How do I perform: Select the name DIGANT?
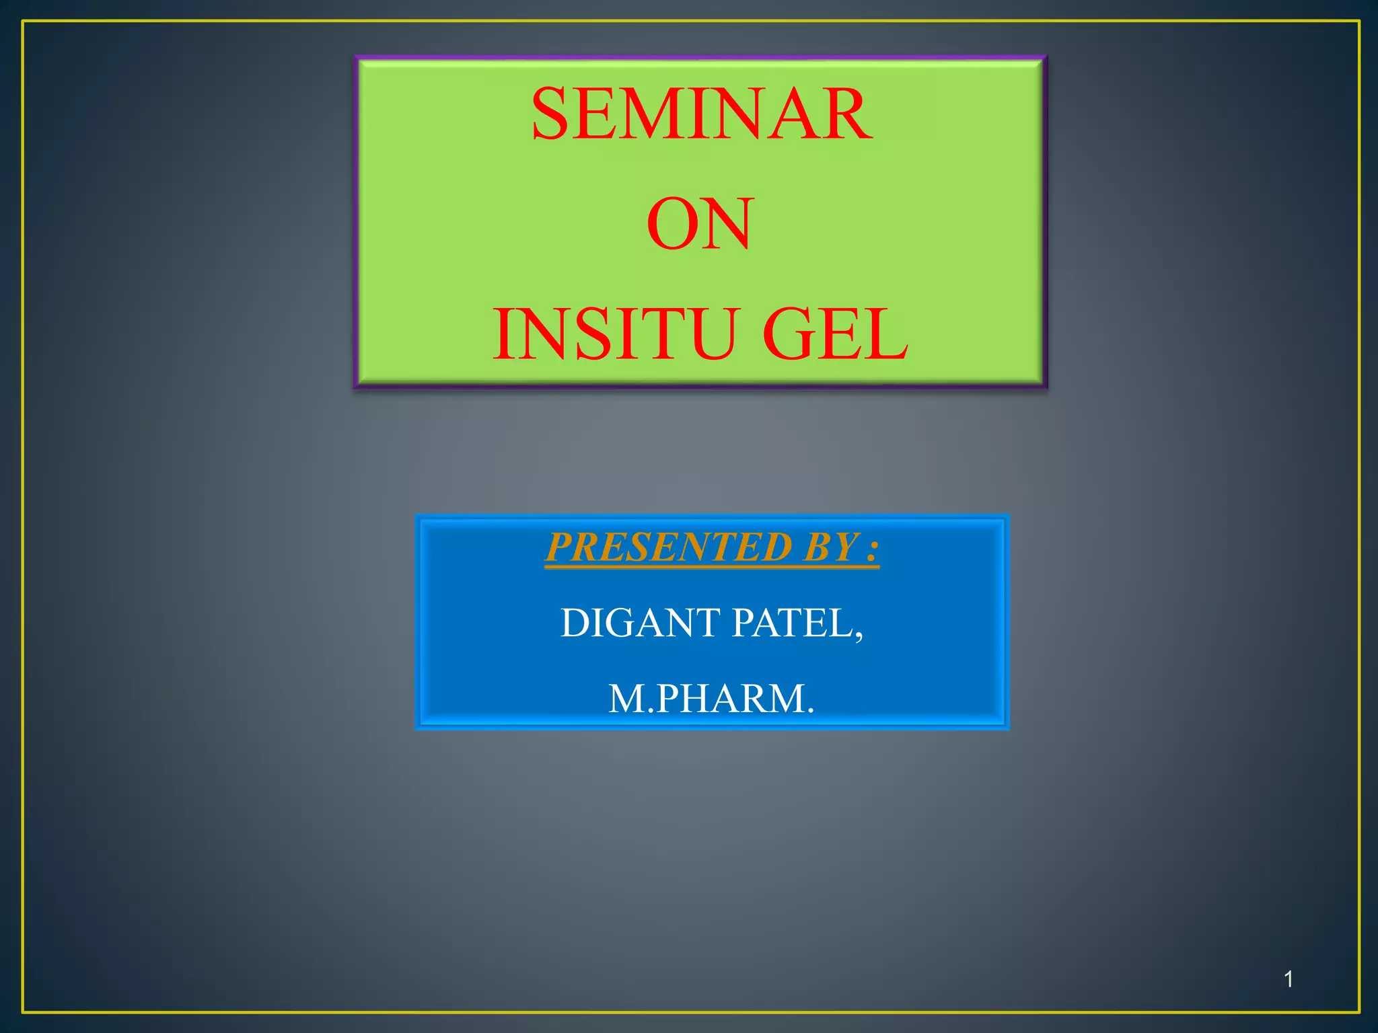click(x=641, y=623)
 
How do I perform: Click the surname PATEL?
click(x=792, y=623)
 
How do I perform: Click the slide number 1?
click(x=1288, y=979)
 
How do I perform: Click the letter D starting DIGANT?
click(x=575, y=623)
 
